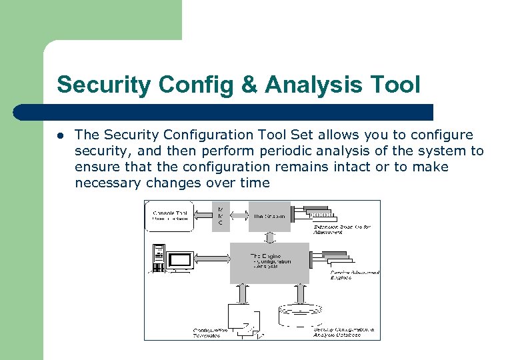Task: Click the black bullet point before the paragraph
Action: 61,135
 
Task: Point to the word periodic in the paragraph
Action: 252,151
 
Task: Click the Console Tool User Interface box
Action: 169,216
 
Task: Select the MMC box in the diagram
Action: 221,216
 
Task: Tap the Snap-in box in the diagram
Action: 269,216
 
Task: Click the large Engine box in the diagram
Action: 269,262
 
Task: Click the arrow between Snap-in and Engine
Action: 269,237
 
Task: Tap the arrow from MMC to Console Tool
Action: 203,216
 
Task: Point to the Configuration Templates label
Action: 211,332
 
